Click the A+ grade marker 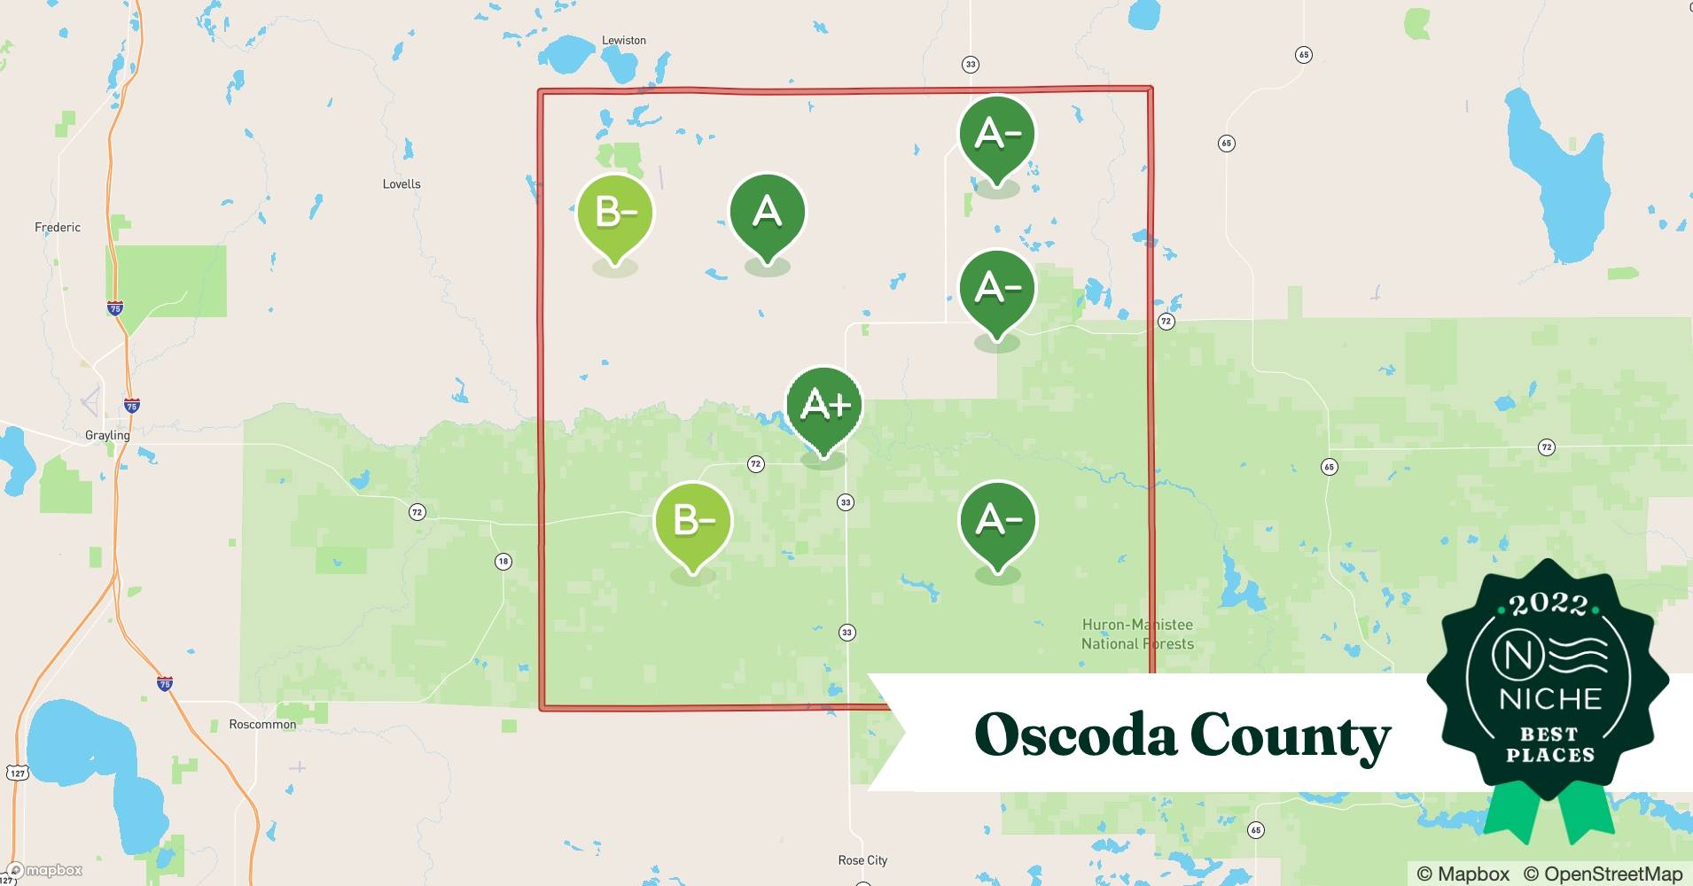tap(824, 406)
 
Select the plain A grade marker tap(767, 213)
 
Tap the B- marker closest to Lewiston tap(614, 214)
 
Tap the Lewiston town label tap(623, 40)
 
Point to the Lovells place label tap(402, 184)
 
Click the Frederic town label tap(58, 228)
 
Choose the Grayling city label tap(107, 435)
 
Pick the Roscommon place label tap(262, 724)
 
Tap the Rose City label tap(862, 860)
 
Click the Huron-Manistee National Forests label tap(1137, 634)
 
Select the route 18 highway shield tap(503, 561)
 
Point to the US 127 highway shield tap(18, 773)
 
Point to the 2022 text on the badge tap(1549, 604)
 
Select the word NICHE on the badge tap(1549, 699)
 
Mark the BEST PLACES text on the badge tap(1549, 745)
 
